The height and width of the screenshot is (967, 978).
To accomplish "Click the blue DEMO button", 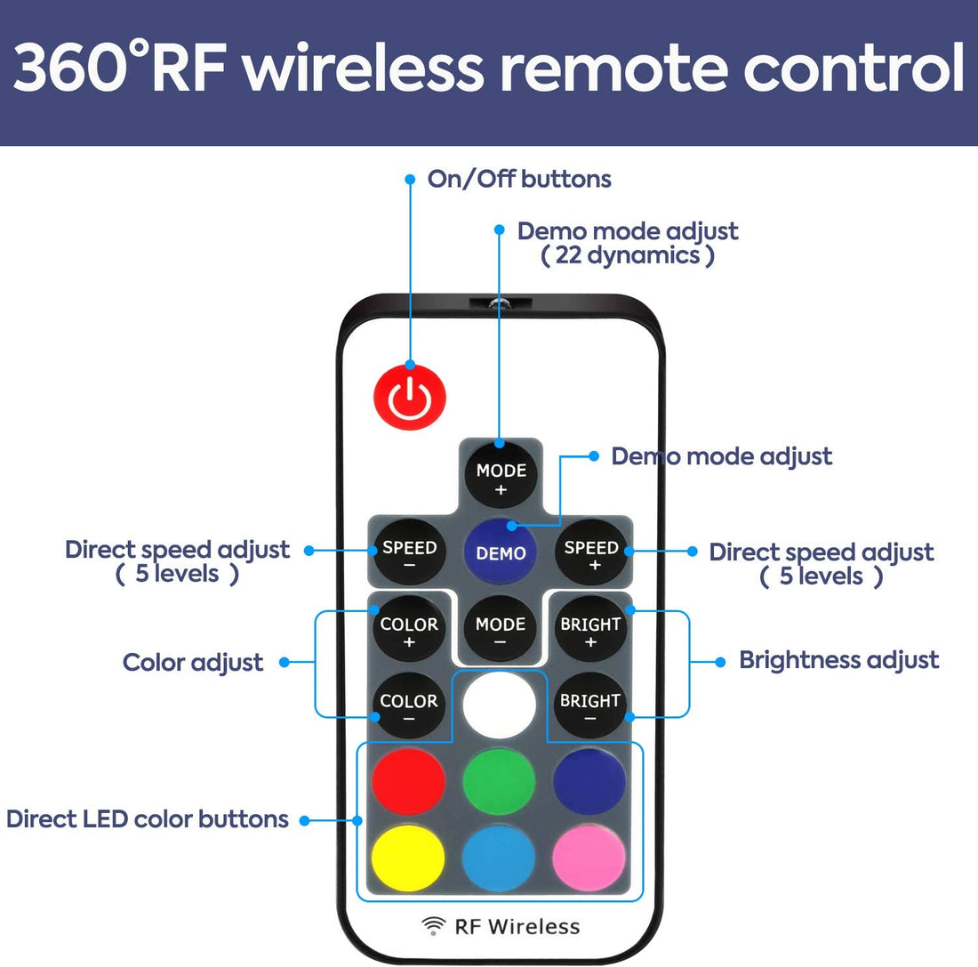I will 501,552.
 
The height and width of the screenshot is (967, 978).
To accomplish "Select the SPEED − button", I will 409,553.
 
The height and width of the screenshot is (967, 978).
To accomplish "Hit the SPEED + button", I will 591,553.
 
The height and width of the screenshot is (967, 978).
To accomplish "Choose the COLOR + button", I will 409,630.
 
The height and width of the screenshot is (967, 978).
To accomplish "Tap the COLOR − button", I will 409,706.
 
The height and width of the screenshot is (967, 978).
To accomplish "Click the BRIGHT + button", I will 590,630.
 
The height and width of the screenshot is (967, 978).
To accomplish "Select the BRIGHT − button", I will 590,706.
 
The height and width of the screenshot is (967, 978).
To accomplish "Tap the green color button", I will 500,782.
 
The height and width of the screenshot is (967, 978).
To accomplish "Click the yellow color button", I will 408,859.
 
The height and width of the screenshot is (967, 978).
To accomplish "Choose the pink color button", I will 589,859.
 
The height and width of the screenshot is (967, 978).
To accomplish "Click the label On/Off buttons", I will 519,179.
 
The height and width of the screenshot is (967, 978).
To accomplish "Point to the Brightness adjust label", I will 838,660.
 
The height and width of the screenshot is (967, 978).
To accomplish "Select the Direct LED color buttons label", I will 148,818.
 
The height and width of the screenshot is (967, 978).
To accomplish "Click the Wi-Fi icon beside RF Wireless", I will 433,926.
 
